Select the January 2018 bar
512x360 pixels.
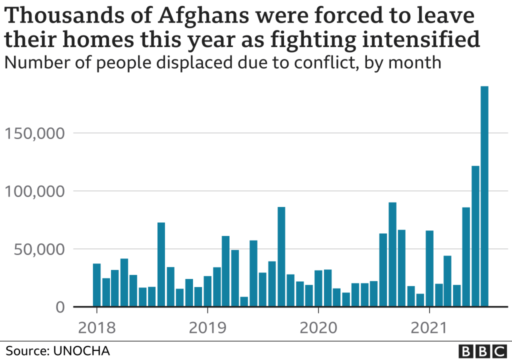pyautogui.click(x=96, y=285)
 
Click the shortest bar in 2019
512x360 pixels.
pyautogui.click(x=244, y=301)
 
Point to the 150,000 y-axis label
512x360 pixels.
pyautogui.click(x=34, y=133)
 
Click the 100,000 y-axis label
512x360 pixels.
pyautogui.click(x=34, y=191)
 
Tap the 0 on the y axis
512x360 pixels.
pyautogui.click(x=59, y=307)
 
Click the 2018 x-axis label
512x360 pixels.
pyautogui.click(x=96, y=328)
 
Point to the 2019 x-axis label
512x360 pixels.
pyautogui.click(x=207, y=328)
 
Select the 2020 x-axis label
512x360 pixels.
pyautogui.click(x=318, y=328)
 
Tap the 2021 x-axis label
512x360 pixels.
pyautogui.click(x=429, y=328)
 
